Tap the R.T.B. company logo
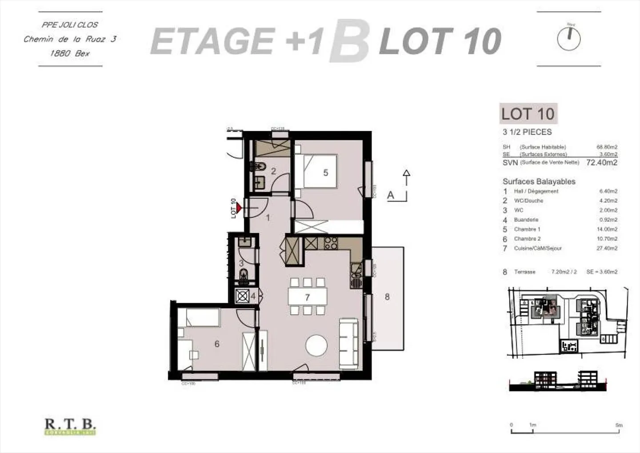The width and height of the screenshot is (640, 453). pyautogui.click(x=70, y=426)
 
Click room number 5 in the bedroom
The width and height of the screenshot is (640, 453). pyautogui.click(x=325, y=173)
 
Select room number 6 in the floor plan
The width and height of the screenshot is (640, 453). pyautogui.click(x=217, y=344)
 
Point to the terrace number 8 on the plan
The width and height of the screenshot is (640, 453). pyautogui.click(x=387, y=297)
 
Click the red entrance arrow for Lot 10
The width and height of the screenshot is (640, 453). pyautogui.click(x=239, y=207)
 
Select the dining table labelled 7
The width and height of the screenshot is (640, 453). pyautogui.click(x=307, y=297)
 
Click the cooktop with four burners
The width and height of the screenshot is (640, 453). pyautogui.click(x=330, y=243)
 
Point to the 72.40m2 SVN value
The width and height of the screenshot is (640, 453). pyautogui.click(x=602, y=162)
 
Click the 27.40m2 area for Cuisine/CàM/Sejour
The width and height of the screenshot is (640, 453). pyautogui.click(x=607, y=248)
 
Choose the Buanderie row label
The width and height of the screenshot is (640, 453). pyautogui.click(x=526, y=220)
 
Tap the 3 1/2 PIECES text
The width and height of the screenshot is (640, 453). pyautogui.click(x=527, y=132)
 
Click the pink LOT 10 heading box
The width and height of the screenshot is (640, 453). pyautogui.click(x=528, y=114)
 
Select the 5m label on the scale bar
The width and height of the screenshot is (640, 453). pyautogui.click(x=619, y=425)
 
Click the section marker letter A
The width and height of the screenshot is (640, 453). pyautogui.click(x=391, y=195)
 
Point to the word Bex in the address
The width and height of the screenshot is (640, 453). pyautogui.click(x=82, y=53)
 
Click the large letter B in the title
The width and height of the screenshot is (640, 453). pyautogui.click(x=349, y=41)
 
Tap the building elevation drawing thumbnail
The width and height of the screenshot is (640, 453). pyautogui.click(x=557, y=381)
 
